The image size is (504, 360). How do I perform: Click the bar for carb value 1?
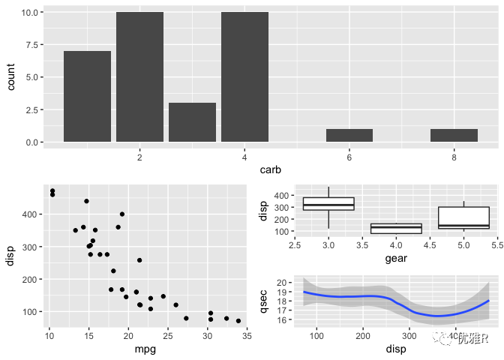87,96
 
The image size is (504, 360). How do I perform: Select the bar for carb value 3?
192,122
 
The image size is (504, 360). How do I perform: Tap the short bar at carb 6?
349,136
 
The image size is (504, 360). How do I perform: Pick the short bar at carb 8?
454,136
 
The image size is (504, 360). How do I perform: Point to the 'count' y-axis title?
11,76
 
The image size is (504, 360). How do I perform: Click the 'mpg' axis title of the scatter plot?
144,349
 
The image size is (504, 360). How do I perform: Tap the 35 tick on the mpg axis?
247,334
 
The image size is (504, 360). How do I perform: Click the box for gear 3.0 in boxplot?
328,204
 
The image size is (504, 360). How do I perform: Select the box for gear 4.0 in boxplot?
396,228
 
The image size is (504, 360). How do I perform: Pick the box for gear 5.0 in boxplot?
463,217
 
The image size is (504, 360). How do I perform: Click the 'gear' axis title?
396,259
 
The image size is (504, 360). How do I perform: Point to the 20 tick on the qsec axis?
282,282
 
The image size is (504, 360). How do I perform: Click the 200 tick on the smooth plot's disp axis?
363,335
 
